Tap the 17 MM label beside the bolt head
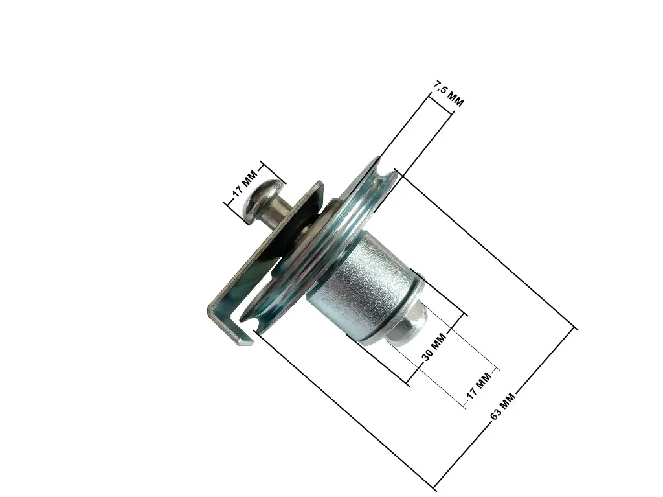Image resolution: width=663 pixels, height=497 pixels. click(x=245, y=184)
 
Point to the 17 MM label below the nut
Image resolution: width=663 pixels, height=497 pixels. click(x=480, y=386)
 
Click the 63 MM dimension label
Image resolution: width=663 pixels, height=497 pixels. click(x=502, y=406)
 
